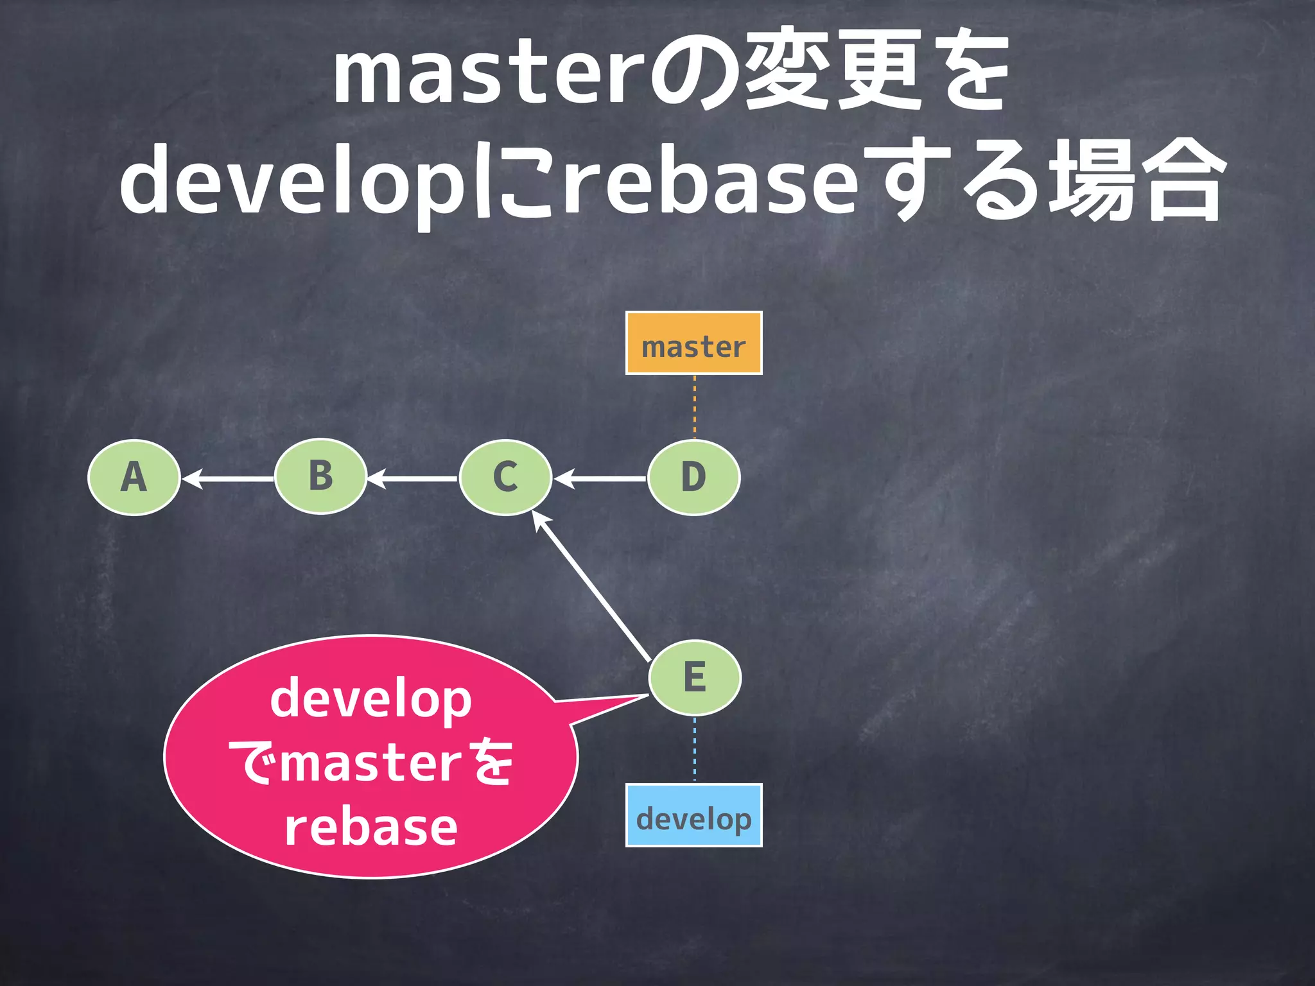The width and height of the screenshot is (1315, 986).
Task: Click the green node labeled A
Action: tap(134, 478)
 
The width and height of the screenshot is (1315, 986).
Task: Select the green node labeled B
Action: tap(320, 477)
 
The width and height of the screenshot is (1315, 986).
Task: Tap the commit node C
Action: tap(505, 478)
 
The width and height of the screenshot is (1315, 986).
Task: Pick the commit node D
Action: tap(693, 478)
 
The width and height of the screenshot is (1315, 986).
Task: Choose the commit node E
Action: tap(695, 678)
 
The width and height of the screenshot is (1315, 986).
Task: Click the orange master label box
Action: tap(693, 343)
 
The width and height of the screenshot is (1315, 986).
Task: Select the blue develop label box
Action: tap(693, 815)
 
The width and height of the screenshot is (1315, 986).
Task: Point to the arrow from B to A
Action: tap(228, 479)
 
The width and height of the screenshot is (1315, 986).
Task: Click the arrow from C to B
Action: tap(413, 479)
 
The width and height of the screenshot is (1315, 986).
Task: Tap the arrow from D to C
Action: tap(600, 479)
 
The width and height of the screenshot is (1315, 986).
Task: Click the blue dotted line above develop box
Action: tap(694, 750)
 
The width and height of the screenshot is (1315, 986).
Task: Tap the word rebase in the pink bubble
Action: tap(371, 828)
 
